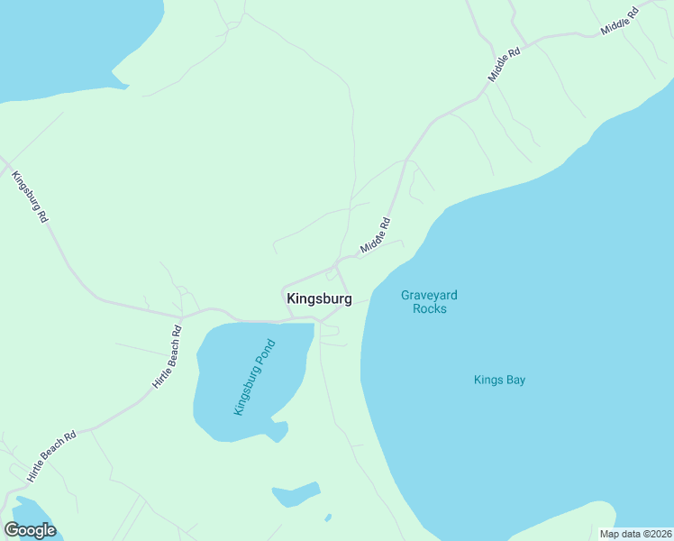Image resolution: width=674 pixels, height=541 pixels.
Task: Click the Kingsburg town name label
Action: pos(319,298)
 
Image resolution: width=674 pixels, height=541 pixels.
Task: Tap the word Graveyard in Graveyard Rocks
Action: pos(430,295)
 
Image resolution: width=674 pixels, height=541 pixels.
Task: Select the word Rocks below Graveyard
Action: pos(430,309)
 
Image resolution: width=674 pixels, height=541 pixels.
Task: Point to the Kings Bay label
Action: pos(499,380)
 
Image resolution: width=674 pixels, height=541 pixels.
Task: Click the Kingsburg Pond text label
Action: pos(253,383)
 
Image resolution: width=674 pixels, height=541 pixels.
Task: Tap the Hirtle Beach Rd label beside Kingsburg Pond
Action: pos(168,356)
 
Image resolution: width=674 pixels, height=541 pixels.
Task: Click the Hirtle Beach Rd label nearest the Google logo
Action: pos(51,456)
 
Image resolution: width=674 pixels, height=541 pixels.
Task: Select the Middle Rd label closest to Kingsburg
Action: pos(376,235)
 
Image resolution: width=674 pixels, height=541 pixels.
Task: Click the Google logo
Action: pos(30,530)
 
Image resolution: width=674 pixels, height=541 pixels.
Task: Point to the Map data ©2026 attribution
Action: pos(635,534)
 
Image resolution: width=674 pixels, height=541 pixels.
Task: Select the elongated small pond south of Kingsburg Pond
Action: pos(296,495)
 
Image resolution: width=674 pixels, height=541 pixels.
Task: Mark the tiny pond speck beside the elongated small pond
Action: pos(328,518)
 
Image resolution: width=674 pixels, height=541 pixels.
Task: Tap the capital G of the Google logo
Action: pos(12,530)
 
